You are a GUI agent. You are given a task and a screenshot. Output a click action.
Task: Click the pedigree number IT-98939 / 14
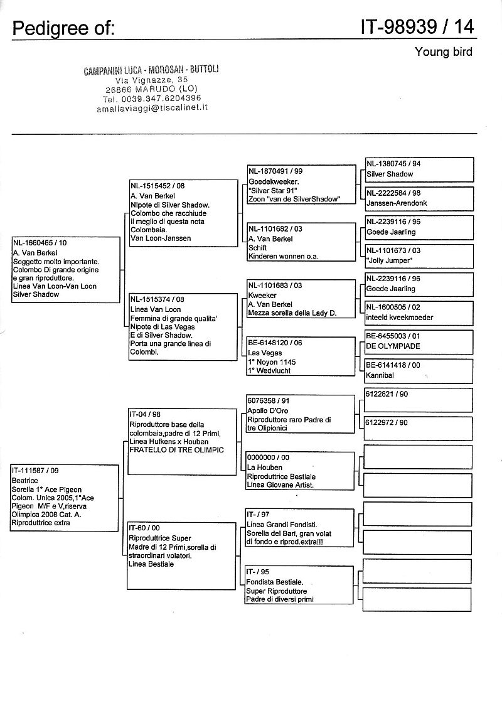[x=417, y=26]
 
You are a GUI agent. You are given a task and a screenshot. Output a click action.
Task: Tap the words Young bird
[x=443, y=51]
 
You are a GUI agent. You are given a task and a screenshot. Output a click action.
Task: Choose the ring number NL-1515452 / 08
[x=158, y=186]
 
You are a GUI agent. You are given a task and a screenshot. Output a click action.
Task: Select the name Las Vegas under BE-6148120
[x=265, y=353]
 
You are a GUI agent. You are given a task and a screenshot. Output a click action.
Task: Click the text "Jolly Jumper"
[x=389, y=260]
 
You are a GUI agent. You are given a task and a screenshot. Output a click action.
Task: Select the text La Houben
[x=265, y=467]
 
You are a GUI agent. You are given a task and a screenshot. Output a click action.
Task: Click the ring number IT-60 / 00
[x=144, y=528]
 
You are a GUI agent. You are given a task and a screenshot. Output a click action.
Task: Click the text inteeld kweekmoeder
[x=400, y=318]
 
